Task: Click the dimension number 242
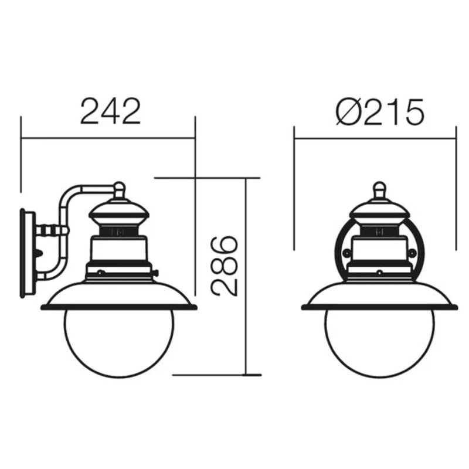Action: [x=110, y=111]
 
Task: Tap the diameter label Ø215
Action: [x=379, y=111]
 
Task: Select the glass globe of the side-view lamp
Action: [x=119, y=344]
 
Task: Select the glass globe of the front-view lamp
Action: [x=379, y=344]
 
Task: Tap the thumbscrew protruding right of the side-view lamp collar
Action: [x=155, y=273]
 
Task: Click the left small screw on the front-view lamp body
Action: [x=346, y=253]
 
